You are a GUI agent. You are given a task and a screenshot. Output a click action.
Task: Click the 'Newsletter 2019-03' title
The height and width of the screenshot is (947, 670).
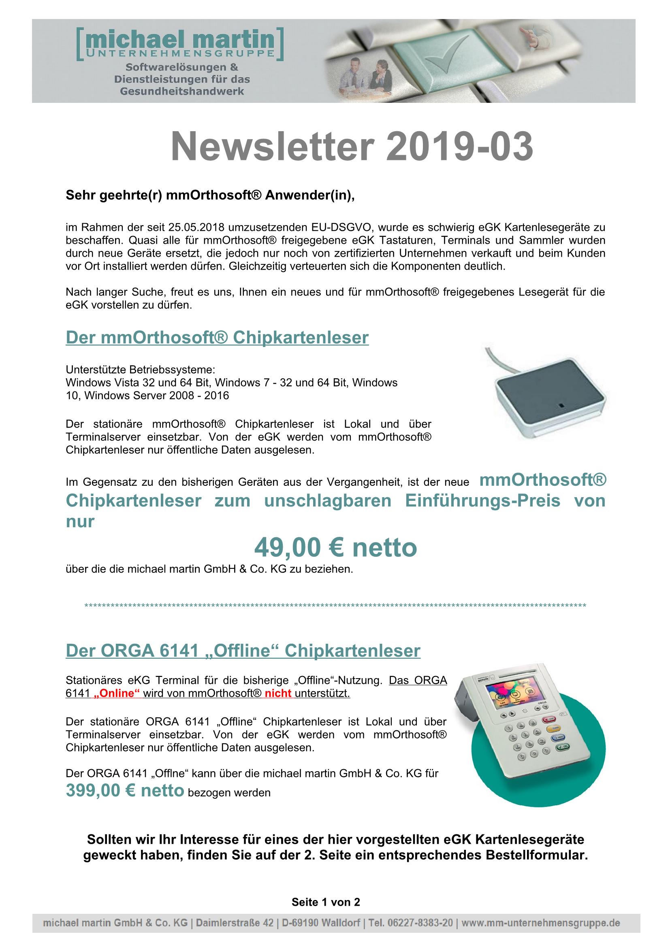tap(352, 148)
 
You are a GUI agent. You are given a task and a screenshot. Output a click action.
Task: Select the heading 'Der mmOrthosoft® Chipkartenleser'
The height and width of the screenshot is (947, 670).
tap(217, 338)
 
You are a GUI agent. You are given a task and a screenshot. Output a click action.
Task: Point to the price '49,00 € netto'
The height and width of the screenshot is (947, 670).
tap(335, 547)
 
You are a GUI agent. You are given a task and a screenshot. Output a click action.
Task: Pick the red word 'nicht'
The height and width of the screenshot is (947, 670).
tap(277, 693)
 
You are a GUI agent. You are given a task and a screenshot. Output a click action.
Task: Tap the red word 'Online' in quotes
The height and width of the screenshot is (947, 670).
tap(117, 693)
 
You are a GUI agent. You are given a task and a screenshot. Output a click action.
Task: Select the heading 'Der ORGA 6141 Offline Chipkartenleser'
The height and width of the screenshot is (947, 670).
tap(243, 651)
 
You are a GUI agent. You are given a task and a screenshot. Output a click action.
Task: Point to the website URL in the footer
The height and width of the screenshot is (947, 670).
tap(540, 923)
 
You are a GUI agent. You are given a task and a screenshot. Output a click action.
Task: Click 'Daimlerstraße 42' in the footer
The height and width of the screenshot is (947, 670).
tap(234, 923)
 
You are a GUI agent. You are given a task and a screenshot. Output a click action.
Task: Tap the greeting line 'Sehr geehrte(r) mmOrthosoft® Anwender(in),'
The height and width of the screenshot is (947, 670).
tap(210, 195)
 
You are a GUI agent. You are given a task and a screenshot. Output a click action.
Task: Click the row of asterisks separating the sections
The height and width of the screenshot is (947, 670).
tap(335, 606)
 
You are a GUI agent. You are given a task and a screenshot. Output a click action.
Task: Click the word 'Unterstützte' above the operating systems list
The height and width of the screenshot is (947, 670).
tap(96, 369)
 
